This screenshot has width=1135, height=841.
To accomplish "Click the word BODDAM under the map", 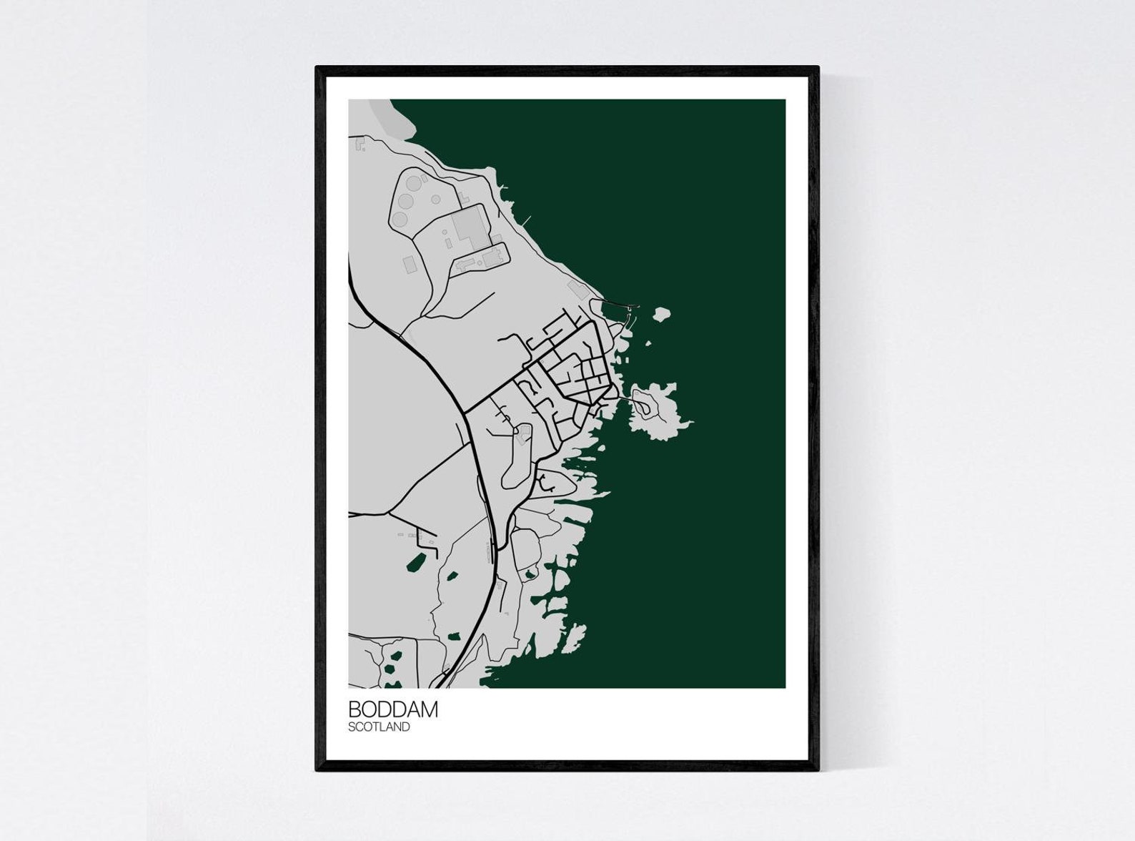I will coord(392,709).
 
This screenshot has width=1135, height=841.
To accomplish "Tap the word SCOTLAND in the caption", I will coord(379,727).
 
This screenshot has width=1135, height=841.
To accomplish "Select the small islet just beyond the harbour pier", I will coord(661,313).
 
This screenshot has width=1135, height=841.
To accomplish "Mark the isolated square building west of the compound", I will coord(410,265).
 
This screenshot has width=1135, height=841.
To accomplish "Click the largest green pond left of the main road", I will coord(412,563).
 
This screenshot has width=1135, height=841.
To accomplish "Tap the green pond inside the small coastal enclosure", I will coord(530,574).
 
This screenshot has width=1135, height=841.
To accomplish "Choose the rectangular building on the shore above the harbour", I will coord(576,289).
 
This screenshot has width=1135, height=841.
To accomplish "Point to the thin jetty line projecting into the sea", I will coord(527,217).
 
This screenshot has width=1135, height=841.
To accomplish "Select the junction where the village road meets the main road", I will coord(465,413).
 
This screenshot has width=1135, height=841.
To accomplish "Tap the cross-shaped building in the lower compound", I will coord(465,264).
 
